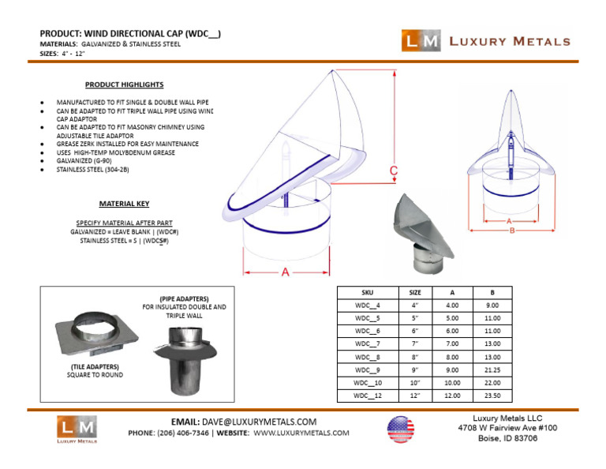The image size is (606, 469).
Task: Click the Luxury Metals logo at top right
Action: pyautogui.click(x=484, y=41)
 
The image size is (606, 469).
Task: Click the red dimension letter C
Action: pyautogui.click(x=393, y=171)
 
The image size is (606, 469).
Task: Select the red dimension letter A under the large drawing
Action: pyautogui.click(x=284, y=272)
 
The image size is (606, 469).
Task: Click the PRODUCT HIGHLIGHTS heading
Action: pyautogui.click(x=125, y=84)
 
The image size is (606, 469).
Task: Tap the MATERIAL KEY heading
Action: pyautogui.click(x=124, y=204)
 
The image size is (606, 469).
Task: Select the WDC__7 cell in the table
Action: pyautogui.click(x=368, y=343)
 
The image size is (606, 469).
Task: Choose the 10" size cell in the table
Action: pyautogui.click(x=415, y=382)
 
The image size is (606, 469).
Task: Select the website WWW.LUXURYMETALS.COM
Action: pyautogui.click(x=301, y=433)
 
